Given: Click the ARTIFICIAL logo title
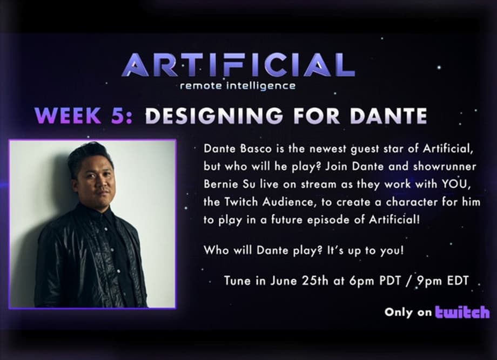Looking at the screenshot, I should click(238, 65).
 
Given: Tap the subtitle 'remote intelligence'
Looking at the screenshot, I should click(238, 86).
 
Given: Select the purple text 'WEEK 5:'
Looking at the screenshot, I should click(83, 116).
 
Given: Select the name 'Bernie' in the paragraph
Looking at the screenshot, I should click(220, 182).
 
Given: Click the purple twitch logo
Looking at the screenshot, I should click(462, 312).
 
